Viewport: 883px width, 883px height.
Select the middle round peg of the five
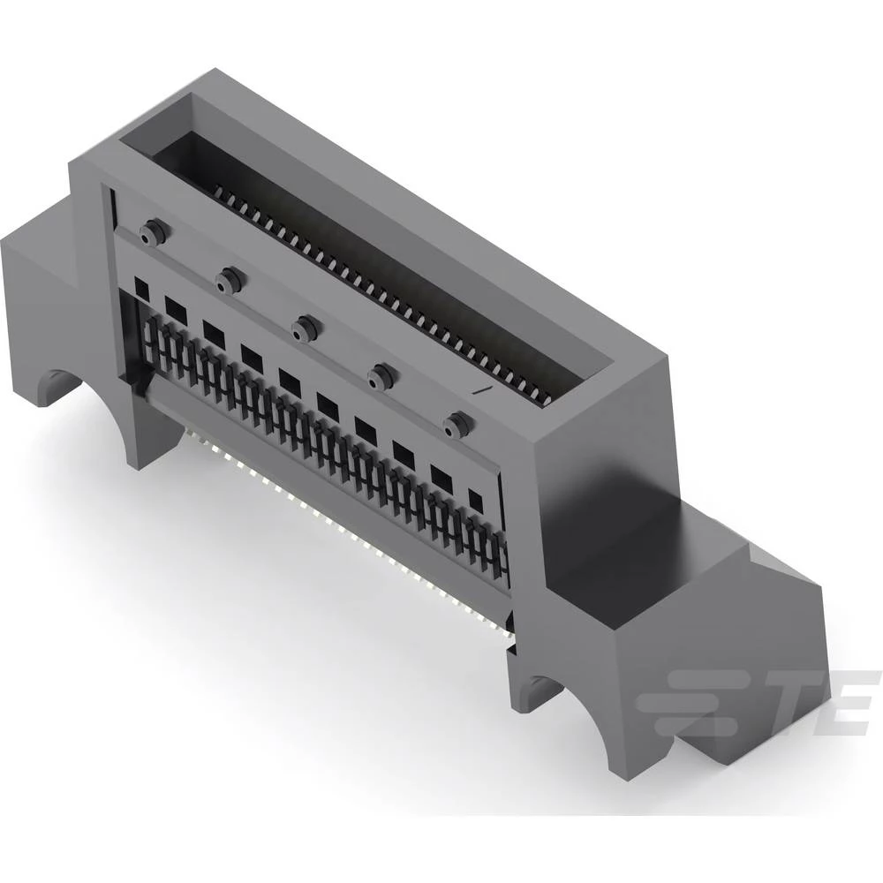pos(305,328)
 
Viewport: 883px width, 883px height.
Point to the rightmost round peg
pos(456,426)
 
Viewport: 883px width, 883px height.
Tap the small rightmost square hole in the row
pos(476,500)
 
